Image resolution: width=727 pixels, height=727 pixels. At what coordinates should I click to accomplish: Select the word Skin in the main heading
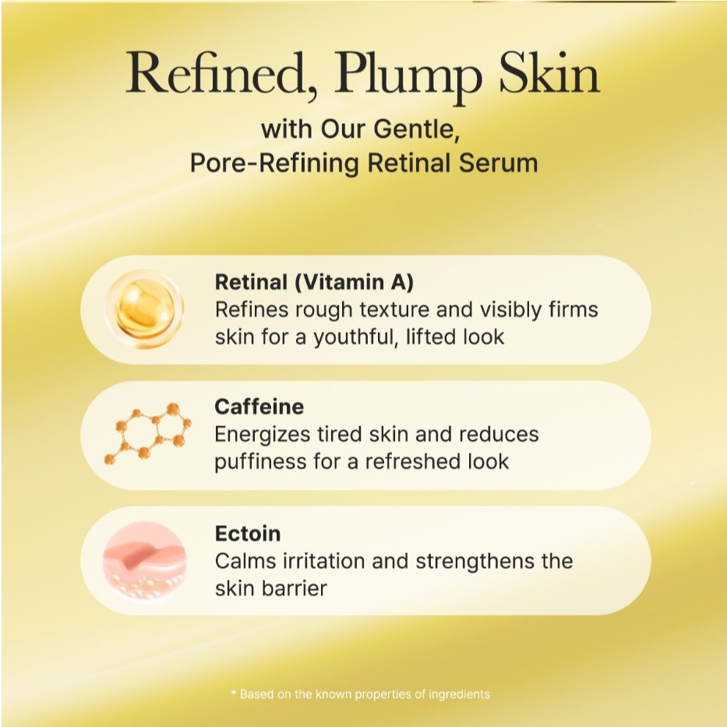[x=549, y=72]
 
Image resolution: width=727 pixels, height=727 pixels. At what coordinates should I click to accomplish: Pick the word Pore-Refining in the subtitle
[x=274, y=164]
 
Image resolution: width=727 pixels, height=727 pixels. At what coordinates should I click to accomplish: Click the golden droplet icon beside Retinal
[x=144, y=309]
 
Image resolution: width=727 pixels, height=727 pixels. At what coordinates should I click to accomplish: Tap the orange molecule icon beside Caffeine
[x=148, y=433]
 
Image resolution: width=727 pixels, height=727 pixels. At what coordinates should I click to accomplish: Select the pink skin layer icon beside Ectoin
[x=144, y=560]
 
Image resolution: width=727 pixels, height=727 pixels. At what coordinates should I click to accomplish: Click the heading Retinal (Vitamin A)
[x=314, y=282]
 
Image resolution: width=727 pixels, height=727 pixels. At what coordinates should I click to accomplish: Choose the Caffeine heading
[x=259, y=407]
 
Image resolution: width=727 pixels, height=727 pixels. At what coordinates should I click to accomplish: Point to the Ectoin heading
[x=248, y=534]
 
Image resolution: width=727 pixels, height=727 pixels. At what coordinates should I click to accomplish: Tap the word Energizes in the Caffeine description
[x=263, y=436]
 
